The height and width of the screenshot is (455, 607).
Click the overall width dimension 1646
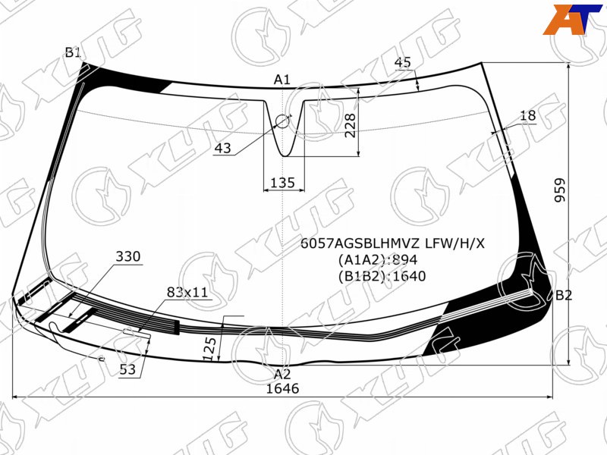coord(282,388)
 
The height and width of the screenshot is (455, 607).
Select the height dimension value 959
coord(560,190)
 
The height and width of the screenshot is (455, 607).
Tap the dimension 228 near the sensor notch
coord(351,125)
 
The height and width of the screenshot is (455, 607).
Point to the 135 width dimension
coord(282,182)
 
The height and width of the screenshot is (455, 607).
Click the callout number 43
coord(222,148)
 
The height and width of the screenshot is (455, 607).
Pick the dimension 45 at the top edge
coord(403,62)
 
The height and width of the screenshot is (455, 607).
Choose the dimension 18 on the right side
coord(527,115)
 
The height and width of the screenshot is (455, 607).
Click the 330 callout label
coord(128,256)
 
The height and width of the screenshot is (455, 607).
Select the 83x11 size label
coord(187,292)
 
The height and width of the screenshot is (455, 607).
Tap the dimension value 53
coord(127,369)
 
